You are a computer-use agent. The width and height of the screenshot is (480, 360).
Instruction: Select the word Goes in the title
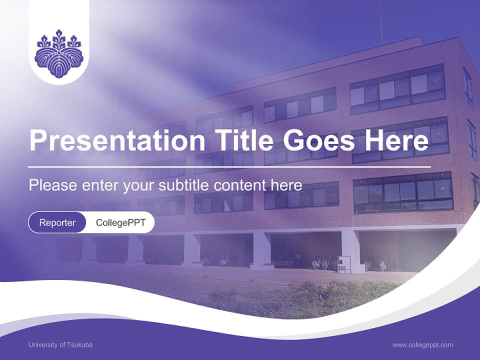(x=316, y=140)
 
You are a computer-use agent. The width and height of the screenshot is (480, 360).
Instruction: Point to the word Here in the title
(x=396, y=140)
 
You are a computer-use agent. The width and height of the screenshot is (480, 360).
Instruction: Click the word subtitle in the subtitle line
(x=184, y=185)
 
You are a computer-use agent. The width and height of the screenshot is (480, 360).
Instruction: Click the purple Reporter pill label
(x=57, y=222)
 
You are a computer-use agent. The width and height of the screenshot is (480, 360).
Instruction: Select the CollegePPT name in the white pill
(x=120, y=222)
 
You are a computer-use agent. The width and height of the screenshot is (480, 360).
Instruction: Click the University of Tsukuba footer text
(x=60, y=345)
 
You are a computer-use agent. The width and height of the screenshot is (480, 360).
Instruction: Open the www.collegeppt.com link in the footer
(x=422, y=345)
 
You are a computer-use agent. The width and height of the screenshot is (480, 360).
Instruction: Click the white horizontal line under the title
(x=230, y=166)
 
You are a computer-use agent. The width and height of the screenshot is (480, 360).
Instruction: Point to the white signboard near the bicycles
(x=344, y=263)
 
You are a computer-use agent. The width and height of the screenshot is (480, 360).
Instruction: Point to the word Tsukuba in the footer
(x=79, y=345)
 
